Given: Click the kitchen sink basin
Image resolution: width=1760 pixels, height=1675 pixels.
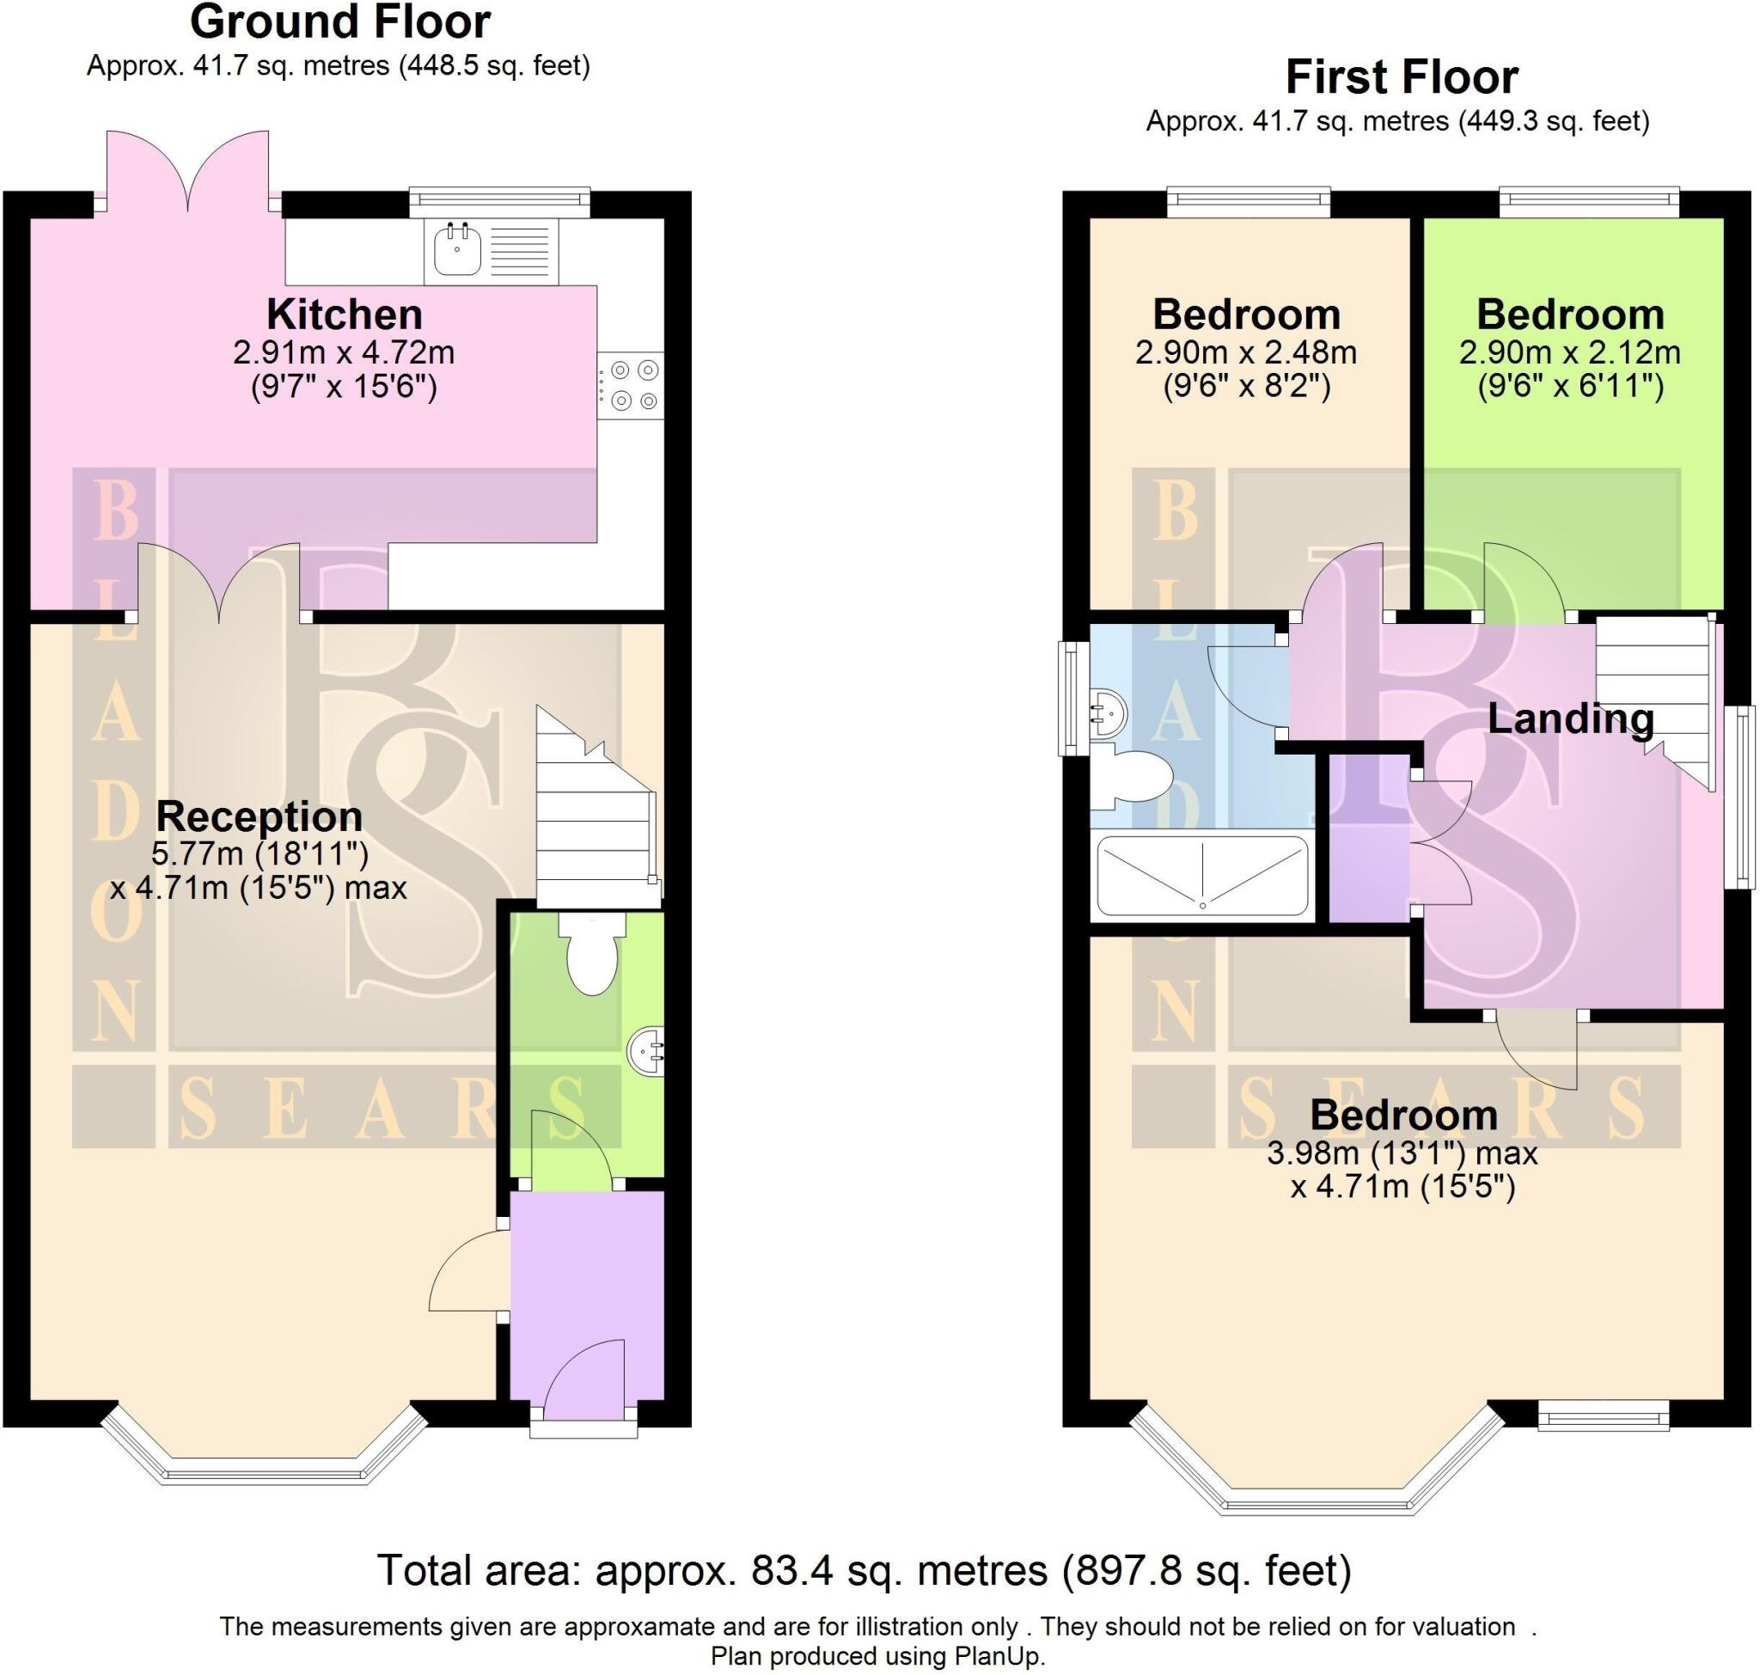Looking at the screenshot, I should pos(457,249).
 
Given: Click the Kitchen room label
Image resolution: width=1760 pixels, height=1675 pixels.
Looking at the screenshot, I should pos(344,315).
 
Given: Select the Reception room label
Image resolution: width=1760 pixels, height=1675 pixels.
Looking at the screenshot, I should pos(259,816).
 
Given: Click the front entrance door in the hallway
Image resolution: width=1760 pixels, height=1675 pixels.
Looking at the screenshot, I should pos(585,1380).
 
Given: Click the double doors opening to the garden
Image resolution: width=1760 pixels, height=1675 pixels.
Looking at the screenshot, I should pos(187,174).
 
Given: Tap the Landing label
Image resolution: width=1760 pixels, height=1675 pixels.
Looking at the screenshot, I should pos(1570,718).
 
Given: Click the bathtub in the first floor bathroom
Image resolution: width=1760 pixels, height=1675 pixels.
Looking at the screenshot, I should pos(1202,876).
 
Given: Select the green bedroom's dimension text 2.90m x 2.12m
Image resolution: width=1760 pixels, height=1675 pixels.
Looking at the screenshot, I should pos(1569,352).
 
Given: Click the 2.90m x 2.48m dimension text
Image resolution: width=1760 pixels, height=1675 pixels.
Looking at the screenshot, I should pos(1245,352).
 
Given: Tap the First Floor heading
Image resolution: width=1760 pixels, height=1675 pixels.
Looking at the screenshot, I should pos(1401,77).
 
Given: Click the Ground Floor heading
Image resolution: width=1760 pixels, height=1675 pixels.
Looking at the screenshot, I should pos(340,22).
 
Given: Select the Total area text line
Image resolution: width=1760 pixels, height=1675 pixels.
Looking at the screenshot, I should pos(864,1569).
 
